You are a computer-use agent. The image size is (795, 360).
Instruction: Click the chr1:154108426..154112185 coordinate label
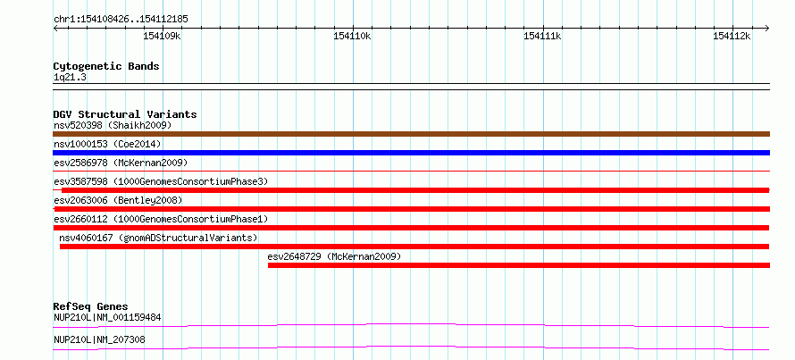coord(121,20)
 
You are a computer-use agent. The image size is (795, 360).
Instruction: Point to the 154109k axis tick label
coord(163,36)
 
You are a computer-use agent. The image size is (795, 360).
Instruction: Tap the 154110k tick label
coord(352,36)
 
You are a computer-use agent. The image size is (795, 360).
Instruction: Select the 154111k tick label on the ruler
coord(542,36)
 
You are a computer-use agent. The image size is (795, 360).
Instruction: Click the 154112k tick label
coord(732,36)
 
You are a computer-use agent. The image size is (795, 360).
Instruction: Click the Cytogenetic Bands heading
coord(106,66)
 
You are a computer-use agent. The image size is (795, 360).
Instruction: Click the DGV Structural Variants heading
coord(125,114)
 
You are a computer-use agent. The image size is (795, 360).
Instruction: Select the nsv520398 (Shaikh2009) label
coord(113,125)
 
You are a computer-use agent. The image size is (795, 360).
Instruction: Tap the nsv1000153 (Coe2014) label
coord(107,144)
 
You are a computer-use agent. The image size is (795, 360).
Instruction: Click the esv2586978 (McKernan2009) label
coord(121,163)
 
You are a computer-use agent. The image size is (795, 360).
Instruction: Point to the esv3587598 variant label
coord(161,181)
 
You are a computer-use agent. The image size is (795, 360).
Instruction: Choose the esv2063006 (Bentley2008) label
coord(118,200)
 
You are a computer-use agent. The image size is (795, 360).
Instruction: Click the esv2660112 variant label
coord(161,219)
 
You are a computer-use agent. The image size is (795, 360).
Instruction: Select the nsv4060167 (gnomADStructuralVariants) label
coord(158,238)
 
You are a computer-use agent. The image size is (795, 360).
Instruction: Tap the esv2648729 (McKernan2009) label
coord(335,256)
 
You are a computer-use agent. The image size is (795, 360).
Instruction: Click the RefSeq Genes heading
coord(91,306)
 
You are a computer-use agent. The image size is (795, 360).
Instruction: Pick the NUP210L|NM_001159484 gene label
coord(107,318)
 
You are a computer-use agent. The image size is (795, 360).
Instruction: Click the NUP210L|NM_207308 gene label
coord(99,339)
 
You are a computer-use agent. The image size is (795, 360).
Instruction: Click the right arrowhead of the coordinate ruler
coord(767,28)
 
